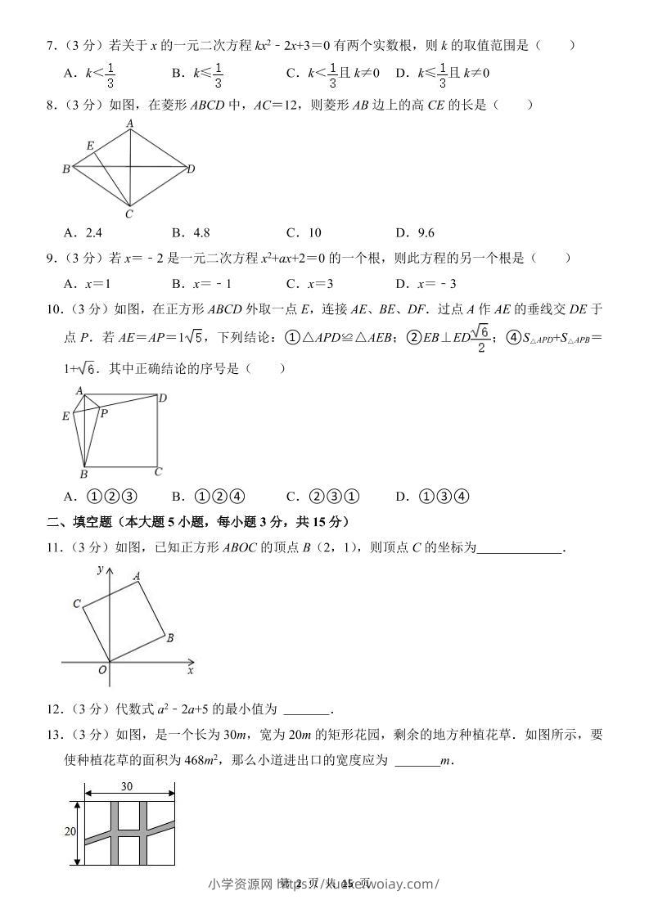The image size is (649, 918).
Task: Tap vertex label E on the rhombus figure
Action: (x=90, y=146)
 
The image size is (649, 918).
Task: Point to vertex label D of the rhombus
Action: (x=191, y=169)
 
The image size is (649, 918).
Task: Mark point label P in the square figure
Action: (x=104, y=414)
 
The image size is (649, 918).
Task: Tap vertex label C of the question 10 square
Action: (x=159, y=471)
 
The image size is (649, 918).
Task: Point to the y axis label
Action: (x=99, y=569)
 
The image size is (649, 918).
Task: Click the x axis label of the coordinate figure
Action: (x=190, y=671)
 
